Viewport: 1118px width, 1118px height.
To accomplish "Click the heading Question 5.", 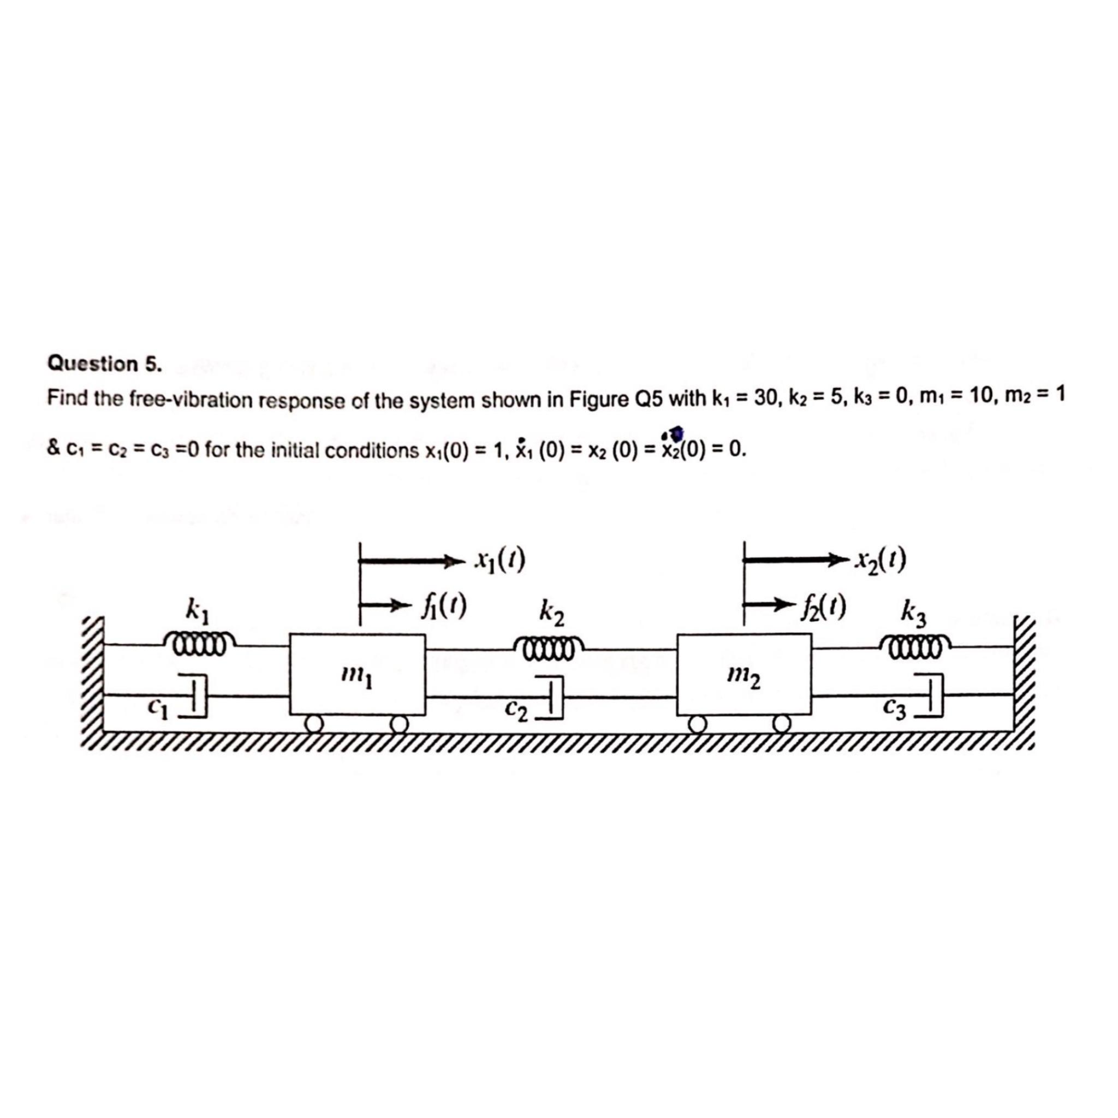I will [x=105, y=364].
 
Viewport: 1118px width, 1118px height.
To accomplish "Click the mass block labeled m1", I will [x=357, y=674].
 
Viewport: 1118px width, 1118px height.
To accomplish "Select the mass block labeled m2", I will [x=744, y=674].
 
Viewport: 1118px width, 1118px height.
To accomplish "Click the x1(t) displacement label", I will [x=499, y=560].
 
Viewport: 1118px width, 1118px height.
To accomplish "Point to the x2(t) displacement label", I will [x=881, y=559].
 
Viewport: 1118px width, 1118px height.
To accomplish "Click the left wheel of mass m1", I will [x=314, y=724].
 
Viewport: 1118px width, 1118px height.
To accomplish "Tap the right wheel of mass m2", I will [x=782, y=723].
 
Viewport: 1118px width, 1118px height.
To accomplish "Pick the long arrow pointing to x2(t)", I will [x=799, y=560].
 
